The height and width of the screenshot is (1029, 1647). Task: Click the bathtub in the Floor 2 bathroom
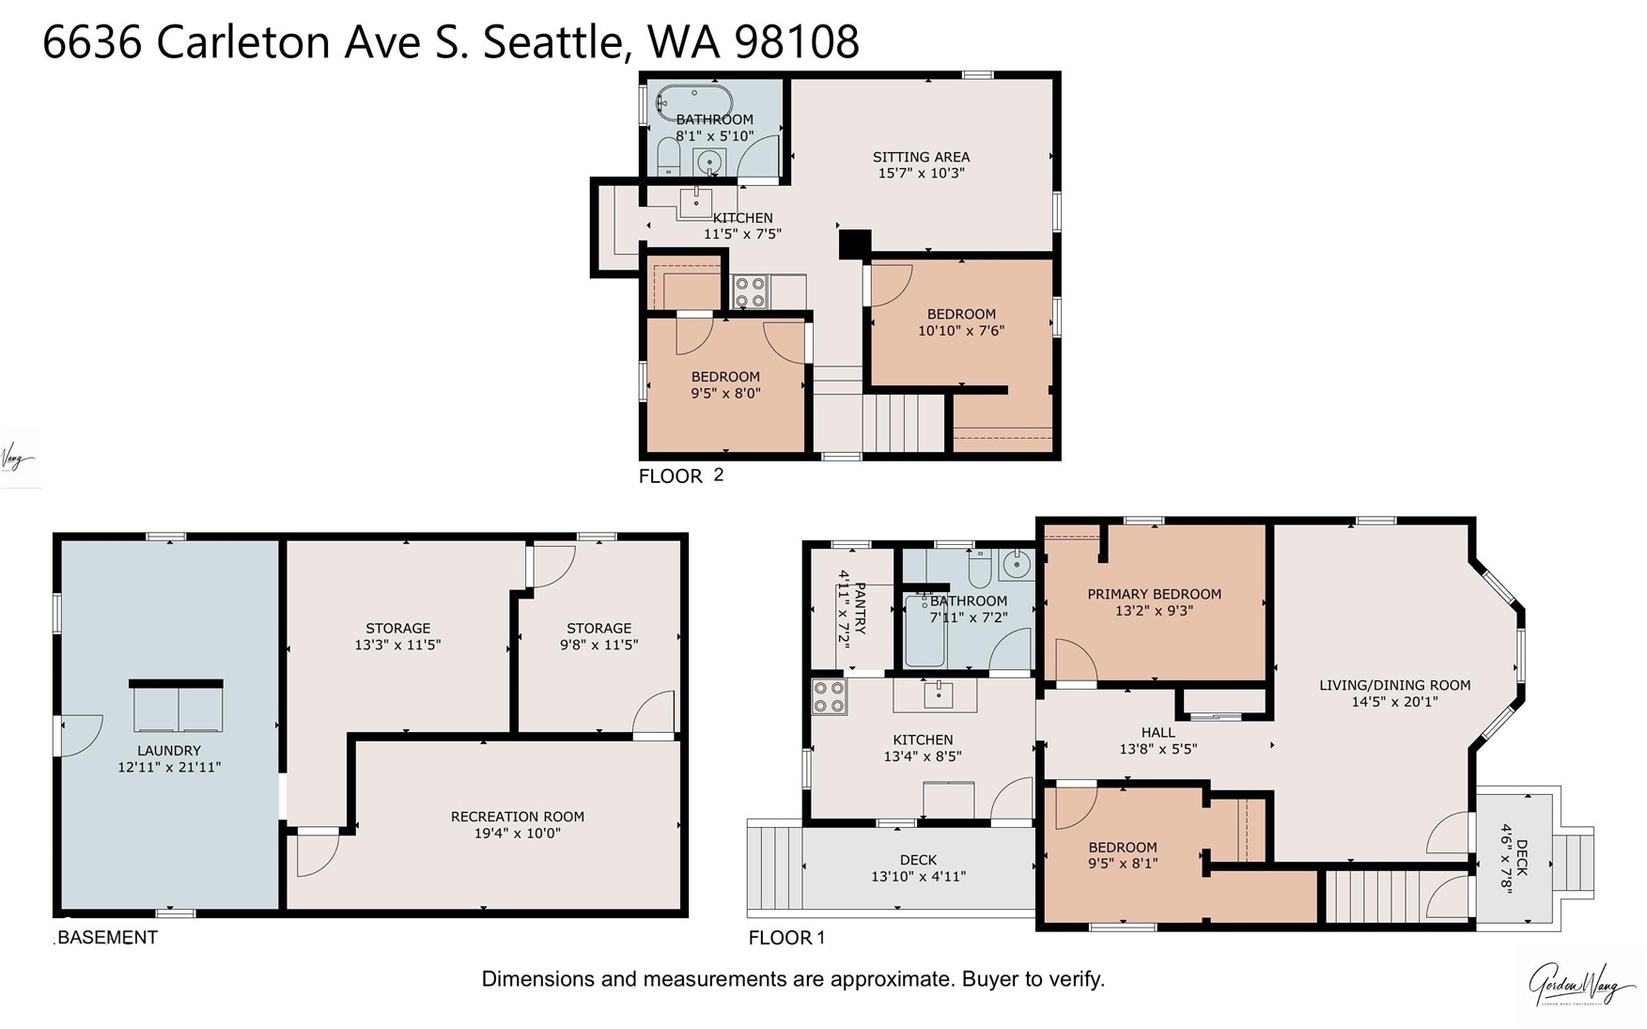coord(693,100)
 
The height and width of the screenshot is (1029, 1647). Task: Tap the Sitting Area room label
coord(921,157)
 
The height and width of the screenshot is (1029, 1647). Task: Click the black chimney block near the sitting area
coord(854,243)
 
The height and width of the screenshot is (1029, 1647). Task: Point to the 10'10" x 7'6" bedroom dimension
coord(961,331)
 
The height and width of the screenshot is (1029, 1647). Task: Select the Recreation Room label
coord(517,817)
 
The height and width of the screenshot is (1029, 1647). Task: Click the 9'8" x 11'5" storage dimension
coord(598,645)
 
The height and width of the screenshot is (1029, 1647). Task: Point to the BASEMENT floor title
coord(107,937)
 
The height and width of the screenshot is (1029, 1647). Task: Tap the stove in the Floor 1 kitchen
coord(829,696)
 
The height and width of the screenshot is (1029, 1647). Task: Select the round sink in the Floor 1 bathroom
coord(1016,565)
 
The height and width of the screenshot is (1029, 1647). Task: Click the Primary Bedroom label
coord(1154,594)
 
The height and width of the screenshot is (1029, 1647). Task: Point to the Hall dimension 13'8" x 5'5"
coord(1158,749)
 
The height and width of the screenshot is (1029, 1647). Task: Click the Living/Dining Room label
coord(1394,685)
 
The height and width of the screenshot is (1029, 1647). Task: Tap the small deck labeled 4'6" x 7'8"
coord(1515,858)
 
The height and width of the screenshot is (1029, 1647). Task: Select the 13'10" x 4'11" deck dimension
coord(918,876)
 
